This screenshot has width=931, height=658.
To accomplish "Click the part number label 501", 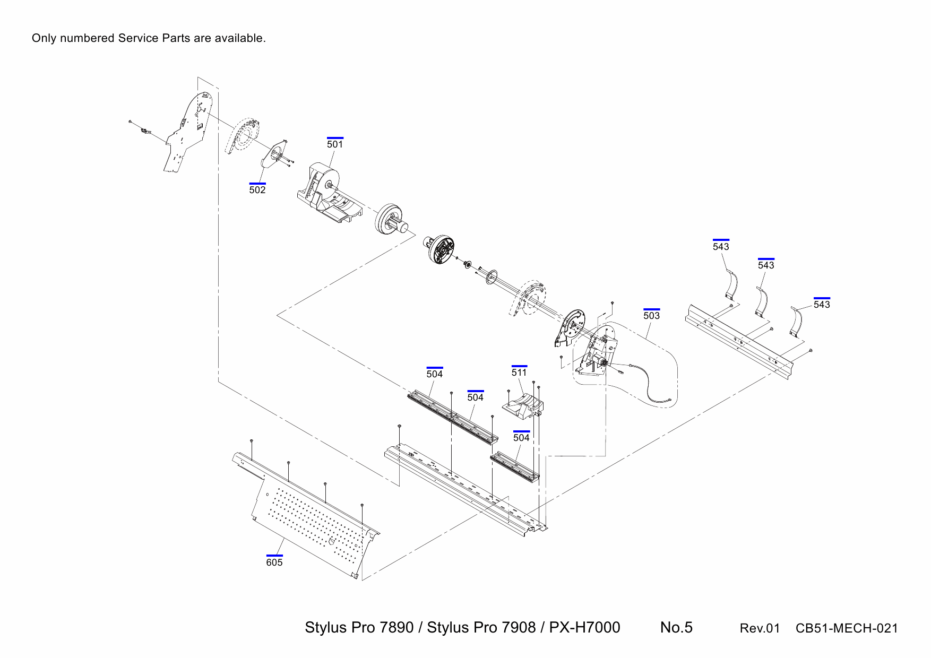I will coord(335,144).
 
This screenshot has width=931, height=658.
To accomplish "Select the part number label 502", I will coord(257,190).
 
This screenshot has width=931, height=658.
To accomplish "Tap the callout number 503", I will coord(651,316).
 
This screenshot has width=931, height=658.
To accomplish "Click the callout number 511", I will coord(519,373).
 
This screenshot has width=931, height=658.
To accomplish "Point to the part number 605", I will coord(274,562).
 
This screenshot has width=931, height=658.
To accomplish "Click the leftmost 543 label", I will coord(721,247).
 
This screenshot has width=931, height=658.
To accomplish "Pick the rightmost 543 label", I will coord(822,305).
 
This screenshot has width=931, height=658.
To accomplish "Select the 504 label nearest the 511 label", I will coord(475,397).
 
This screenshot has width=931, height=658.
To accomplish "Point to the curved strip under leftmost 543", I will coord(732,284).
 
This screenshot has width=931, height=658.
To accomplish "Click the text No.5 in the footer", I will coord(676,628).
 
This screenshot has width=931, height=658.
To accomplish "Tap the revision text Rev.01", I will coord(760,629).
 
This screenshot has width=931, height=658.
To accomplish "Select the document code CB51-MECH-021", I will coord(847,629).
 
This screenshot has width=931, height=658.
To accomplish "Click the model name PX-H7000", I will coord(584,628).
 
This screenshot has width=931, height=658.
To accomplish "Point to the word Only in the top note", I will coord(44,38).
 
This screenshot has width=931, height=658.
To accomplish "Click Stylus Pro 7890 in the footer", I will coord(359,628).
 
